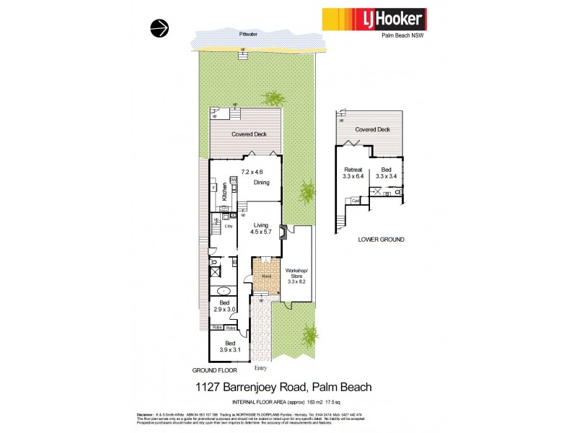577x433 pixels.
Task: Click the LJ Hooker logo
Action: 374,18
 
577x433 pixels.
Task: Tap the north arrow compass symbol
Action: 159,28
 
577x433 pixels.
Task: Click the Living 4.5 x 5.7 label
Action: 260,229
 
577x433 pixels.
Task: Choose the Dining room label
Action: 261,183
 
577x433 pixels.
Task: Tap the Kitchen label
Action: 225,191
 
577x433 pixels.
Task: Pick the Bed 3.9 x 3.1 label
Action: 229,346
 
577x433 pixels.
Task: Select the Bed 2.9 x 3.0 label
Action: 224,306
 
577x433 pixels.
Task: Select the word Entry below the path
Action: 261,367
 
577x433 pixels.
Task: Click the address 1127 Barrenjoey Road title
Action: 284,388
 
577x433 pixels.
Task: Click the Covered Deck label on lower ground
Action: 373,129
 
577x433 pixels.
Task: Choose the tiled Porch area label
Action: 266,275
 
